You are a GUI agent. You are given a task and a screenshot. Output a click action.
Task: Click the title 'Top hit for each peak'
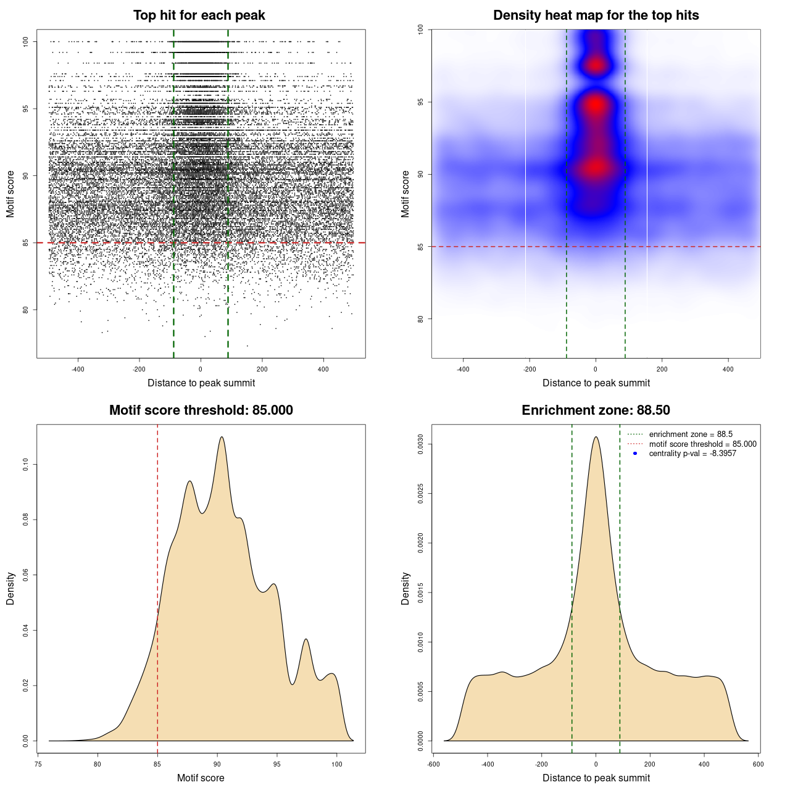pos(199,15)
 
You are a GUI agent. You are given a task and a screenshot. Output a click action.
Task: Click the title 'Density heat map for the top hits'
pos(596,15)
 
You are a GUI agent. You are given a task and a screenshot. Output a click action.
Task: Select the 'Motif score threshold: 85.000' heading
pos(201,410)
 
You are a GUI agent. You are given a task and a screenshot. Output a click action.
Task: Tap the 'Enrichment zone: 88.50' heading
pos(596,410)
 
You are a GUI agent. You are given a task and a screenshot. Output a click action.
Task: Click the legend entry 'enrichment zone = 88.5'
pos(690,434)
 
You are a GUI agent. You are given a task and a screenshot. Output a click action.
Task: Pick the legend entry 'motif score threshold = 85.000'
pos(702,444)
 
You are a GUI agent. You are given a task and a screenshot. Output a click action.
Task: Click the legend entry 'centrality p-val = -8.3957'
pos(692,454)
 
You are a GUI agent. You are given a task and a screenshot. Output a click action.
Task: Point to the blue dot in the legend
pos(635,454)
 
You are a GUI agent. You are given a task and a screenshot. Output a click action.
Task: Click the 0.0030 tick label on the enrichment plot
pos(420,444)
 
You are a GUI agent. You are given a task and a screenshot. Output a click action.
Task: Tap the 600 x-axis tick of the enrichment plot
pos(758,764)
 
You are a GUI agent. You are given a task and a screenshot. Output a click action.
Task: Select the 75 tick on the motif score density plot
pos(38,764)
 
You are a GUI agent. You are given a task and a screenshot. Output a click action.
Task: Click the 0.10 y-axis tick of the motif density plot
pos(25,465)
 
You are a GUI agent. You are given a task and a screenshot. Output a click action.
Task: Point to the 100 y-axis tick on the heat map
pos(420,29)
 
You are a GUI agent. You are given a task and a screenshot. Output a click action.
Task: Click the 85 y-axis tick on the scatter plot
pos(25,243)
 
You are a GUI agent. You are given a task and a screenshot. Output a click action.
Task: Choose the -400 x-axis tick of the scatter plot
pos(78,369)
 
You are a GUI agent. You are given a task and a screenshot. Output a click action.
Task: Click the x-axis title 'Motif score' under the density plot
pos(201,778)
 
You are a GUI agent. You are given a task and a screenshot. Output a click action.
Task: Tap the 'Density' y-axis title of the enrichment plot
pos(405,588)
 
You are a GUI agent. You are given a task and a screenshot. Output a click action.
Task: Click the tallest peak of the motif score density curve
pos(222,438)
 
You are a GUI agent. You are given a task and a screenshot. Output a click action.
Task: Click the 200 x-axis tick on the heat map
pos(662,369)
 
